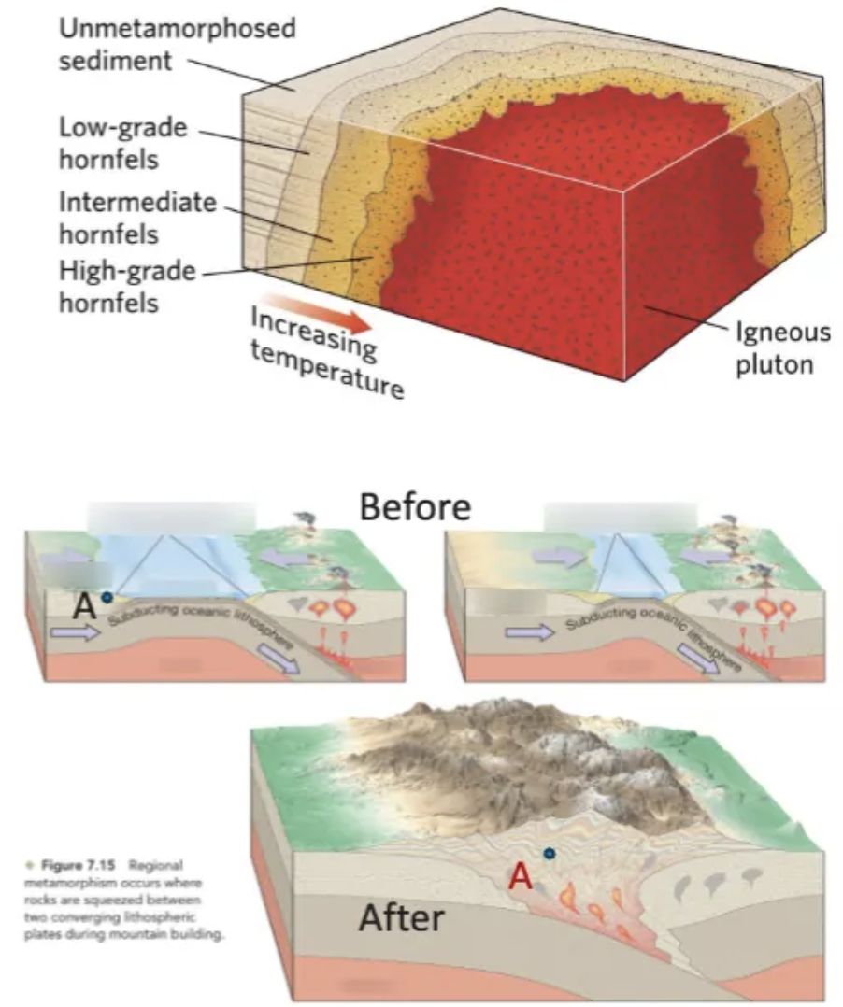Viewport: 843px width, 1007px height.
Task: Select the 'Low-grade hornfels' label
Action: point(121,142)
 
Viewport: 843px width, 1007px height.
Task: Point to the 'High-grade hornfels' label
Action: point(127,288)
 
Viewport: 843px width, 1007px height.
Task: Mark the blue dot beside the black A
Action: point(108,597)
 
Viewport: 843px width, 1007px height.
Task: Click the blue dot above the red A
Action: point(550,852)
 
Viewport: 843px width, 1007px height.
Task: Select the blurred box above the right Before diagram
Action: point(621,517)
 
